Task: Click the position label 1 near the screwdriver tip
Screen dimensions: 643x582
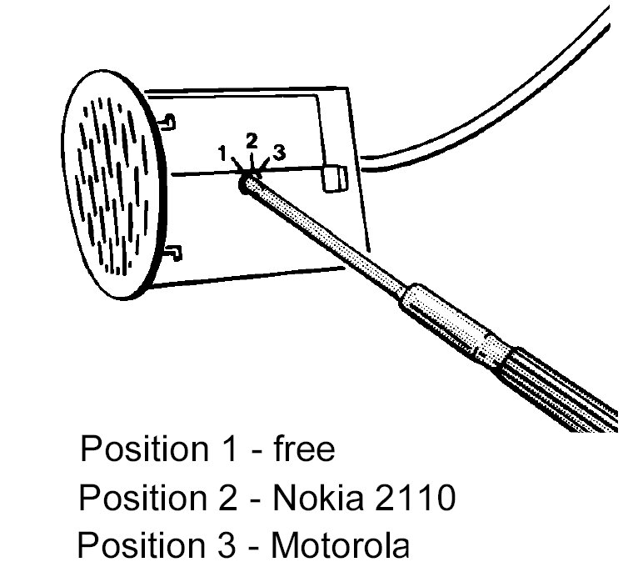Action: pyautogui.click(x=222, y=153)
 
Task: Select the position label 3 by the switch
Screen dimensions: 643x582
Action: pyautogui.click(x=279, y=152)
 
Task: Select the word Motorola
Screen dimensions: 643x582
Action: pyautogui.click(x=341, y=546)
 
